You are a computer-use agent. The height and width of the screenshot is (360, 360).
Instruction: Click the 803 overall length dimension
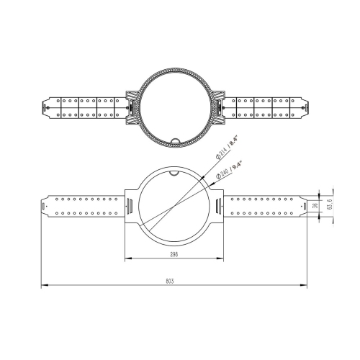coord(170,282)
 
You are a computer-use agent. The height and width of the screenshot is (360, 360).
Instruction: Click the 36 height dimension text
coord(314,205)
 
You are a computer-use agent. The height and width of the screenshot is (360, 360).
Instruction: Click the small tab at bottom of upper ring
coord(174,139)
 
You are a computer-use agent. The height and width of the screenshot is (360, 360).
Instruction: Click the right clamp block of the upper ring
coord(215,105)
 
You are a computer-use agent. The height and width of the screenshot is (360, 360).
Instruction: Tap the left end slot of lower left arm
coord(45,206)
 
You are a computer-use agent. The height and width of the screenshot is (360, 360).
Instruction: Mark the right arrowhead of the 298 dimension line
coord(220,258)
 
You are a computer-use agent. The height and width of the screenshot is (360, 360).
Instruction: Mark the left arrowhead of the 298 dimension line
coord(127,258)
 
